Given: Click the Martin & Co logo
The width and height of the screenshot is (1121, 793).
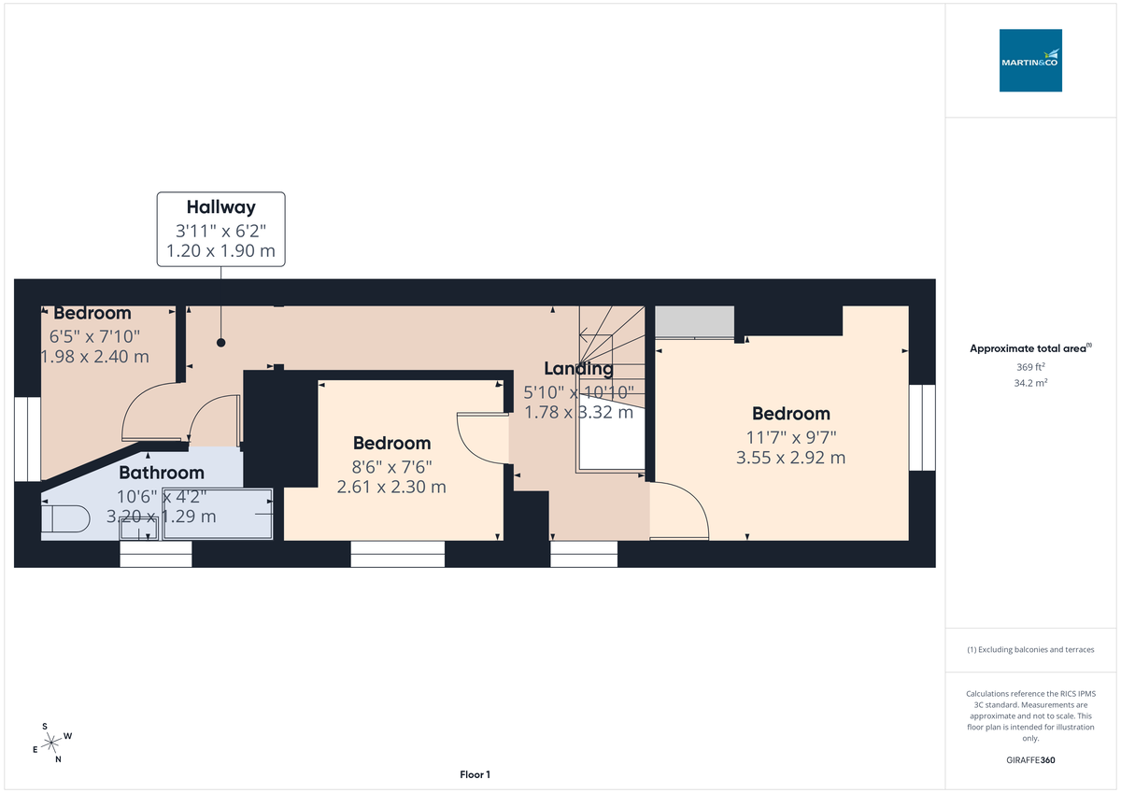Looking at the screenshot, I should pos(1030,60).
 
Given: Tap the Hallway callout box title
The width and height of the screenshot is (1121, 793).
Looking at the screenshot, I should pos(220,207).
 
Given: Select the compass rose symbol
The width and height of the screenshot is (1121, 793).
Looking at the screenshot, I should pos(52,743).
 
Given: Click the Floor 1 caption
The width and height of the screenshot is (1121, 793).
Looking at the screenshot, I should pos(475,774).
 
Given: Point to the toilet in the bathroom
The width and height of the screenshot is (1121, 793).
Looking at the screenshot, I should pos(64,517).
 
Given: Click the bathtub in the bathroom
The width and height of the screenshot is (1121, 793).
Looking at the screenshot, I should pos(218,514).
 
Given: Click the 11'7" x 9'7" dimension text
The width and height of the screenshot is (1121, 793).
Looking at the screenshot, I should pos(791,436).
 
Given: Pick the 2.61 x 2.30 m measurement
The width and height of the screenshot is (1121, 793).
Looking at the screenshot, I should pos(391,487).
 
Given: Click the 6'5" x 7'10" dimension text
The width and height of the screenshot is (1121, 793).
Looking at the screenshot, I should pos(94,335).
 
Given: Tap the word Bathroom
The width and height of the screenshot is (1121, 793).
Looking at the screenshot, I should pos(161,473).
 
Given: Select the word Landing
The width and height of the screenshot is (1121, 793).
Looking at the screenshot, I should pos(579,369).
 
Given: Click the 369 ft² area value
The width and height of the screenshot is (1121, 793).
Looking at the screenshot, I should pos(1030,367).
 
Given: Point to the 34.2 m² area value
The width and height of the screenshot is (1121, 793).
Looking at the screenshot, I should pos(1030,383).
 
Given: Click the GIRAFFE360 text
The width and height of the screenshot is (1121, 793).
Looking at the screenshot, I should pos(1030,760).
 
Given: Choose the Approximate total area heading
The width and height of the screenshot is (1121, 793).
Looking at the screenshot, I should pos(1030,348).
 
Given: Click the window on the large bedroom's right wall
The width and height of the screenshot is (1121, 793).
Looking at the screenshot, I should pos(922,428).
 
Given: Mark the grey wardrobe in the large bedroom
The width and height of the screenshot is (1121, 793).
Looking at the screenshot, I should pos(693,321).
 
